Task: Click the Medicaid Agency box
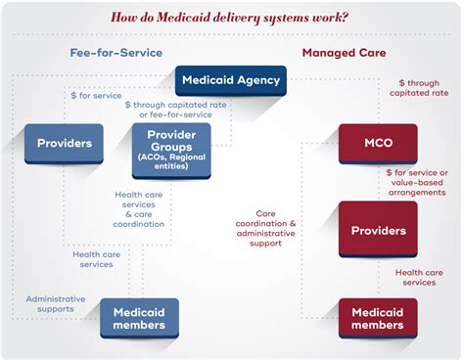[x=231, y=80]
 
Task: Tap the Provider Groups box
[x=171, y=149]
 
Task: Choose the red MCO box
[x=378, y=143]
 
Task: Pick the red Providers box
[x=378, y=231]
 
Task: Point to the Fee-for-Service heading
[x=116, y=52]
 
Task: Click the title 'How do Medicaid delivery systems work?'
[x=232, y=17]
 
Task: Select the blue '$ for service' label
[x=96, y=95]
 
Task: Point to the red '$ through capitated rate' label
[x=419, y=89]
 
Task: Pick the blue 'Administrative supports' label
[x=56, y=305]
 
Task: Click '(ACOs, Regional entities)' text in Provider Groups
[x=171, y=163]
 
